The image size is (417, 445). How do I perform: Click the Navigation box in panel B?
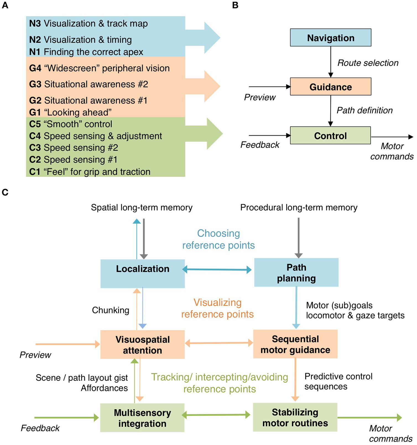(x=330, y=38)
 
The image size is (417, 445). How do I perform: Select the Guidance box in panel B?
(x=330, y=87)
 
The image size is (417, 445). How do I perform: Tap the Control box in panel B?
(x=330, y=136)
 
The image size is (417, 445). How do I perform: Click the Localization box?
(x=142, y=273)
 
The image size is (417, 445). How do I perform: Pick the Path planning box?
(x=296, y=272)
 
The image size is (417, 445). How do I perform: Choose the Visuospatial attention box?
(x=142, y=344)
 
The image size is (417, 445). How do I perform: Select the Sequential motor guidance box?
(x=295, y=344)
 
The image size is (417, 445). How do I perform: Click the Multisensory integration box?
(x=142, y=418)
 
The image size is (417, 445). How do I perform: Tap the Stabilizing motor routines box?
(x=295, y=417)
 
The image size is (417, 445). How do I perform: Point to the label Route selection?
(x=368, y=63)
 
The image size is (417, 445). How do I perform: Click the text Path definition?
(x=364, y=110)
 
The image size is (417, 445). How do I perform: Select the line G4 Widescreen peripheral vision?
(x=100, y=68)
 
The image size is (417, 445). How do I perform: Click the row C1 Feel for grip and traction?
(x=90, y=172)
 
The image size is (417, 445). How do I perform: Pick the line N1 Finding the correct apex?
(x=86, y=52)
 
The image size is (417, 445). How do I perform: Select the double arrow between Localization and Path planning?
(x=217, y=269)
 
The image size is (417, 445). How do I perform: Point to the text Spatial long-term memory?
(x=142, y=207)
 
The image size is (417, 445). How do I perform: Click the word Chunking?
(x=111, y=310)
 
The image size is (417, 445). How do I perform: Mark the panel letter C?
(x=5, y=192)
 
